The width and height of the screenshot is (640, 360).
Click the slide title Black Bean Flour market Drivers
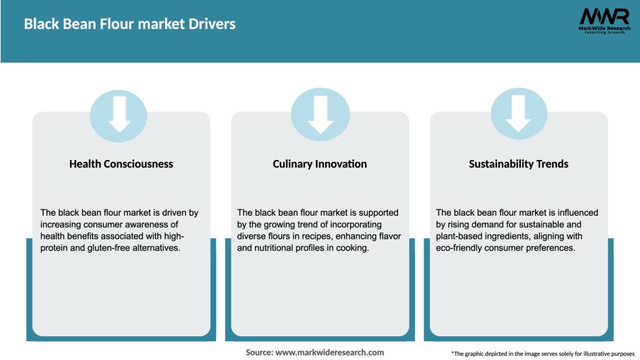coord(129,24)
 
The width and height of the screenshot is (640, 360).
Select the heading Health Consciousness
coord(121,164)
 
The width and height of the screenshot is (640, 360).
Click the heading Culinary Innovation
coord(320,164)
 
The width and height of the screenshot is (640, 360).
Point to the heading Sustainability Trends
coord(519,164)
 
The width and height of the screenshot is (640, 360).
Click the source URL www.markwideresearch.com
coord(330,352)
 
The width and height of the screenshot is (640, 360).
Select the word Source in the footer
coord(259,352)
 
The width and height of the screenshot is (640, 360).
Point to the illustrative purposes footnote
coord(542,354)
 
